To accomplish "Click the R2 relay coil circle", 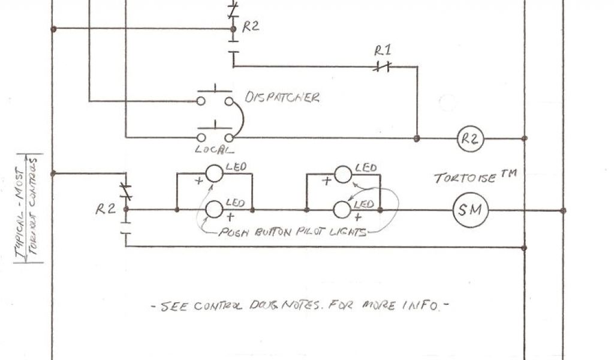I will (469, 139).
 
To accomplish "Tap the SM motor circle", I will (471, 210).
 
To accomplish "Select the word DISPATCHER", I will (282, 97).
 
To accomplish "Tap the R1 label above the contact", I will (382, 50).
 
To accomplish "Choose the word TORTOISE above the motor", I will (464, 178).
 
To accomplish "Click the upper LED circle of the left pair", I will (214, 174).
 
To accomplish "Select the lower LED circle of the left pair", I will (214, 209).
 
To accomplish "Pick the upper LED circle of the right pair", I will (342, 175).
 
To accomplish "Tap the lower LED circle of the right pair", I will (342, 209).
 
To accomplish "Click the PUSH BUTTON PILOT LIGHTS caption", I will (293, 232).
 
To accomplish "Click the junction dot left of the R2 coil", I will (416, 139).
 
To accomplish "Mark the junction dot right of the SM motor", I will (562, 210).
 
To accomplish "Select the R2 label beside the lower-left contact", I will (106, 209).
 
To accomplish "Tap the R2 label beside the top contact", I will (251, 27).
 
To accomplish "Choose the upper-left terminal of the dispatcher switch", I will (201, 101).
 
